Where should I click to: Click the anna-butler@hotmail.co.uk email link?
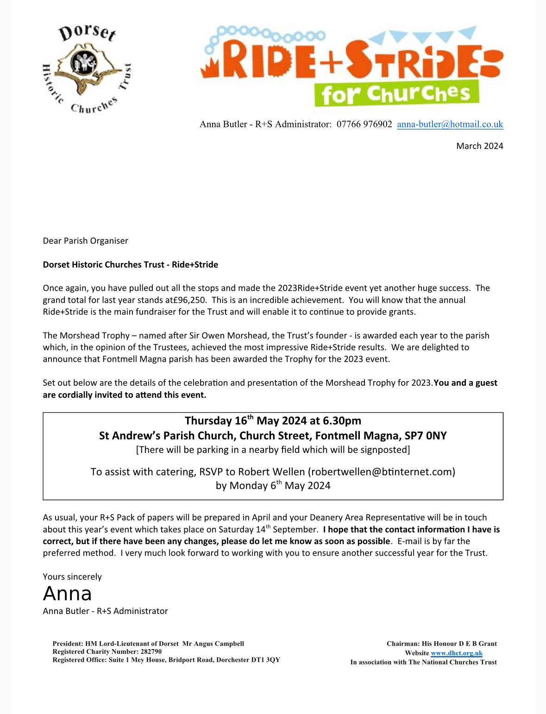pos(450,124)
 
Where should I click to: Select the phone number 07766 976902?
pos(364,124)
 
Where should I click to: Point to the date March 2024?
pos(479,146)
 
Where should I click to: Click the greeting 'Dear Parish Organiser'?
pos(85,241)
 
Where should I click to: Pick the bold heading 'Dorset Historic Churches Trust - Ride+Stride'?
pos(130,264)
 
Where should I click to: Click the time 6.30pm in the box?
pos(342,420)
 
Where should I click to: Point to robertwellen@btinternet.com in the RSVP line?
pos(382,472)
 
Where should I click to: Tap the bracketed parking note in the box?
pos(273,450)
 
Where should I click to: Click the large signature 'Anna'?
pos(67,594)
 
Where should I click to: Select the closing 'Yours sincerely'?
pos(72,576)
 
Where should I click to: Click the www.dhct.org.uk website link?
pos(457,653)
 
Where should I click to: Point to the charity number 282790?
pos(151,651)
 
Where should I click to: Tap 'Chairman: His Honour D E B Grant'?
pos(441,644)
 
